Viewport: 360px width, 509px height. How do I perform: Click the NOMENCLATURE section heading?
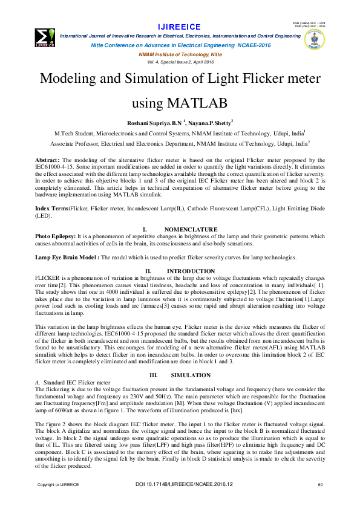(x=191, y=229)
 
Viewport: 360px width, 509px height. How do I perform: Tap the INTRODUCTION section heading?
(x=191, y=271)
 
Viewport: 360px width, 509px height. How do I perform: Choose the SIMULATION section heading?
(x=191, y=375)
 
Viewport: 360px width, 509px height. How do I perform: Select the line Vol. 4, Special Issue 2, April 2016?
(x=180, y=62)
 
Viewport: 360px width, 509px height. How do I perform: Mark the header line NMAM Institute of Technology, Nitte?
(x=180, y=54)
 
